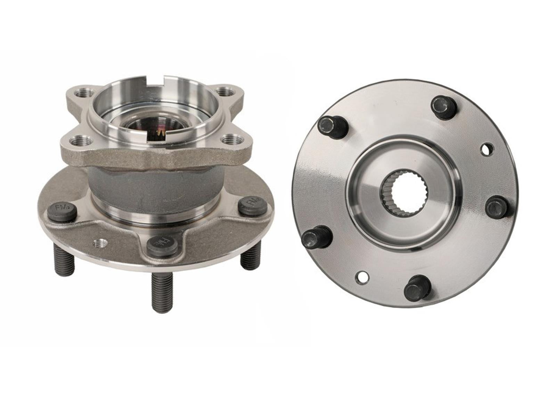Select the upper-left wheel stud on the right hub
[x=332, y=127]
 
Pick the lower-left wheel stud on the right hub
[x=316, y=237]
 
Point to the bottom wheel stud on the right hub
[x=417, y=287]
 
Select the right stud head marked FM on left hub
[x=252, y=207]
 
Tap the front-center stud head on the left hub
[x=162, y=246]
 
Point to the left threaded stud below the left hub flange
[x=65, y=259]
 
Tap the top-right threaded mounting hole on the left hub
[x=224, y=92]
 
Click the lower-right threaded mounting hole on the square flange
[x=230, y=140]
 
